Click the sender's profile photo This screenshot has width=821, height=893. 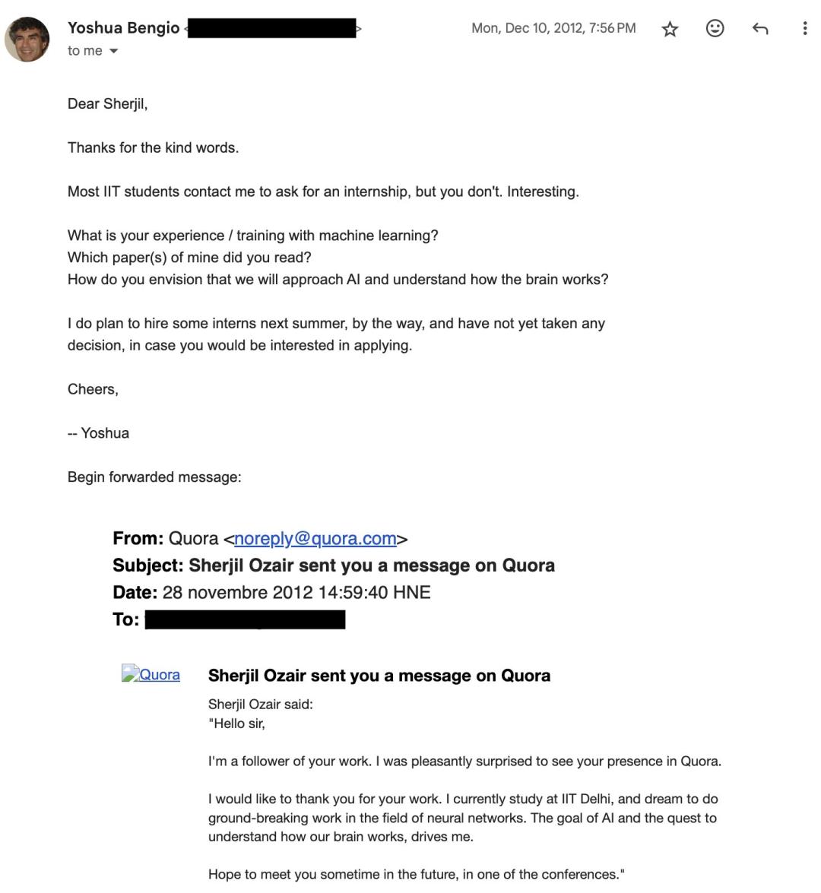(x=27, y=39)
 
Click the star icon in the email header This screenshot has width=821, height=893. (x=670, y=29)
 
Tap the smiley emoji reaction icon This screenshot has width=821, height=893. (x=715, y=29)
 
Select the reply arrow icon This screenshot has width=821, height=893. (x=759, y=29)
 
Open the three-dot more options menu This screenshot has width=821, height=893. (x=804, y=29)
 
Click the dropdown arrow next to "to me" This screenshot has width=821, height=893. (x=114, y=51)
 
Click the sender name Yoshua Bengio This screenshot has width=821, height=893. (x=123, y=28)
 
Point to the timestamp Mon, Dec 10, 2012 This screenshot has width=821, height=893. (x=553, y=28)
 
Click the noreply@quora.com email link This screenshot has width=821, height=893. (x=315, y=539)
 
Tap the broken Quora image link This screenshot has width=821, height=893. (x=151, y=674)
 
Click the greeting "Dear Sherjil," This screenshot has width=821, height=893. (x=107, y=104)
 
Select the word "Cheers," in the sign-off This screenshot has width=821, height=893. (x=93, y=389)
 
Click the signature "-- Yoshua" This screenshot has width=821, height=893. (x=98, y=433)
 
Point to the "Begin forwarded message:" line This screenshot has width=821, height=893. (x=154, y=477)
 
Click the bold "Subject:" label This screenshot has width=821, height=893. (x=148, y=565)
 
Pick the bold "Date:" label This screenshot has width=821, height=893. (x=135, y=593)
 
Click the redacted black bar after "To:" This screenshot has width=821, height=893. (x=245, y=619)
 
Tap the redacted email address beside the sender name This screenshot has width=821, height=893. (x=271, y=29)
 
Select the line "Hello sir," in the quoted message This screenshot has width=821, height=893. (x=237, y=724)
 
